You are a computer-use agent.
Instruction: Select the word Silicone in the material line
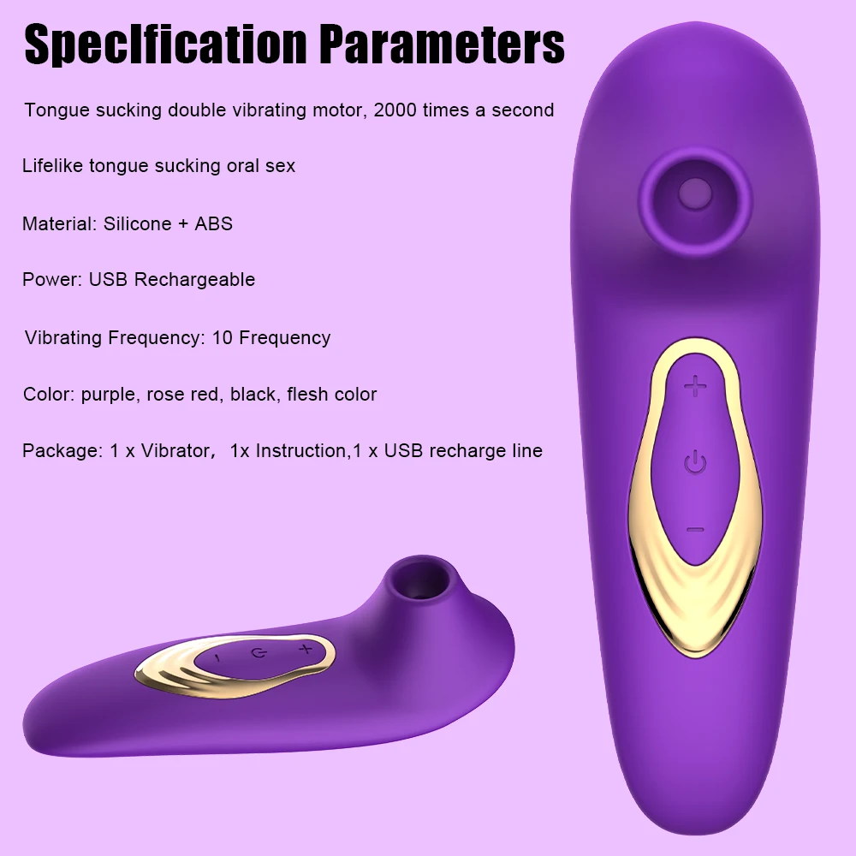(138, 224)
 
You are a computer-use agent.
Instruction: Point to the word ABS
(214, 224)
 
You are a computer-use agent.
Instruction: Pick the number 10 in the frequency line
(223, 337)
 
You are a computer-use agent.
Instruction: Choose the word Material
(58, 224)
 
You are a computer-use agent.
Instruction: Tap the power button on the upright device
(696, 465)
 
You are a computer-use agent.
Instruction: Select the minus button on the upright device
(696, 530)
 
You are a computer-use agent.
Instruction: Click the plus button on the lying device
(304, 651)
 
